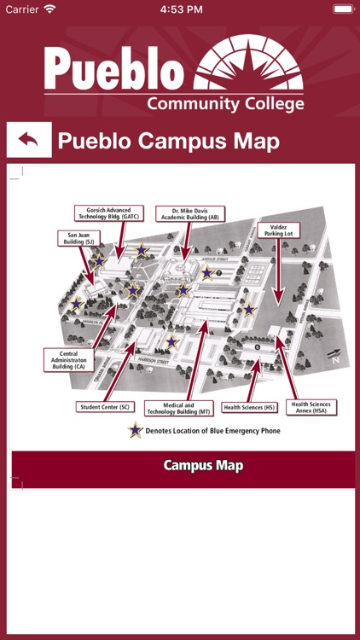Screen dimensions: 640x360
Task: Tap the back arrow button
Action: (x=29, y=140)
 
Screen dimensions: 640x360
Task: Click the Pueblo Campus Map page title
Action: (x=168, y=141)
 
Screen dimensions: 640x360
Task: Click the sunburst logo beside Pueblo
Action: (x=248, y=64)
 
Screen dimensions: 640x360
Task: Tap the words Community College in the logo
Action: (x=225, y=104)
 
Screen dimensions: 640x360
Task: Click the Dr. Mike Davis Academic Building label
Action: (x=189, y=214)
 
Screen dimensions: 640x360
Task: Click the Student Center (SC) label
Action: (x=105, y=407)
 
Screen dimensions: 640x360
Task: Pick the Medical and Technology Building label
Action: (x=177, y=409)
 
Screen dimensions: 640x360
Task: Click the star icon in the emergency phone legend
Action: (x=135, y=431)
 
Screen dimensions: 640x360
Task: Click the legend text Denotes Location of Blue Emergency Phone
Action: (x=213, y=431)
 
